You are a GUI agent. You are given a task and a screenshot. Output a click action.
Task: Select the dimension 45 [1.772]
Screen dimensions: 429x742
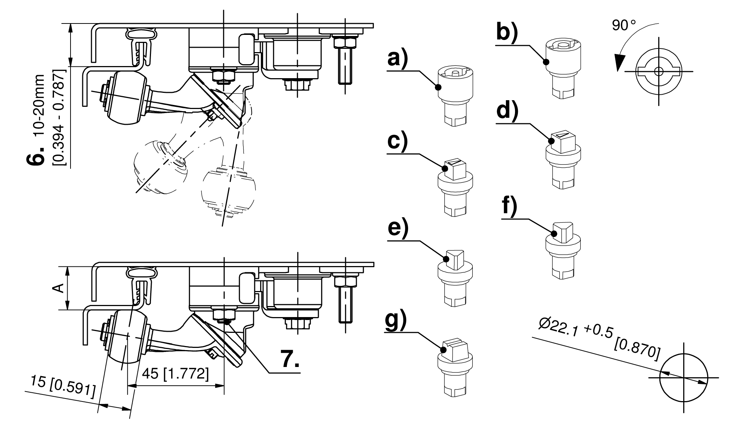point(176,374)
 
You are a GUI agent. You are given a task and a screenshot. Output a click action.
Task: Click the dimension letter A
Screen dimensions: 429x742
point(59,288)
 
